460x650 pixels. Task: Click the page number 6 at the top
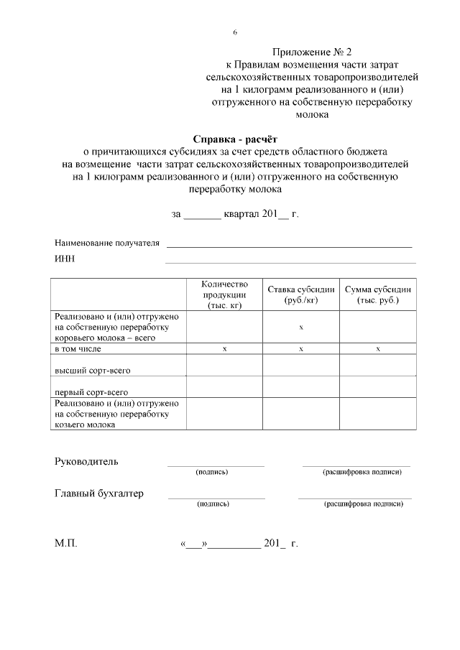tap(235, 33)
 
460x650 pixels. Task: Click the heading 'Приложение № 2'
tap(313, 52)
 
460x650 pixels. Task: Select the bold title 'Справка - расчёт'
tap(234, 139)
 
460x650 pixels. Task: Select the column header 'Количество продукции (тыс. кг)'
tap(224, 294)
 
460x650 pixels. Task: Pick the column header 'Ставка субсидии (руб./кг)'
tap(301, 294)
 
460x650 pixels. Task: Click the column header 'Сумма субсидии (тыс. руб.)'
tap(377, 294)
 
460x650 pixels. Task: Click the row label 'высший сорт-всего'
tap(92, 371)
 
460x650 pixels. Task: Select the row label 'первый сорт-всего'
tap(92, 392)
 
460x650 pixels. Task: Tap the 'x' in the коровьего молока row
tap(301, 328)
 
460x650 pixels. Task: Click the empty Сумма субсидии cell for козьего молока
tap(377, 414)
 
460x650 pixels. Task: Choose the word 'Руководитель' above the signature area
tap(87, 460)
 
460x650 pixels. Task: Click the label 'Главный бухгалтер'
tap(99, 493)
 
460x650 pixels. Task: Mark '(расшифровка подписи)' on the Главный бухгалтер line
tap(364, 504)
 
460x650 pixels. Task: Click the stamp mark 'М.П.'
tap(66, 544)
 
